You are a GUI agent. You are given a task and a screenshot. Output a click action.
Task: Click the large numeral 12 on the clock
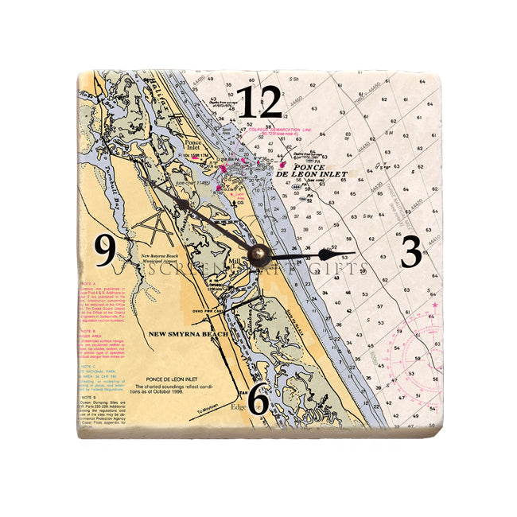click(259, 102)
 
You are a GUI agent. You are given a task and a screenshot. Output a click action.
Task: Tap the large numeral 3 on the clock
click(410, 253)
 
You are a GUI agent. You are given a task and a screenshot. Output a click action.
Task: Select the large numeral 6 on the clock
click(257, 400)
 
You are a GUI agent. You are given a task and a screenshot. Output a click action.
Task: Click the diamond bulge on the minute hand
click(185, 204)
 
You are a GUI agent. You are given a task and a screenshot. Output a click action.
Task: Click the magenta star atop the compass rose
click(434, 305)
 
